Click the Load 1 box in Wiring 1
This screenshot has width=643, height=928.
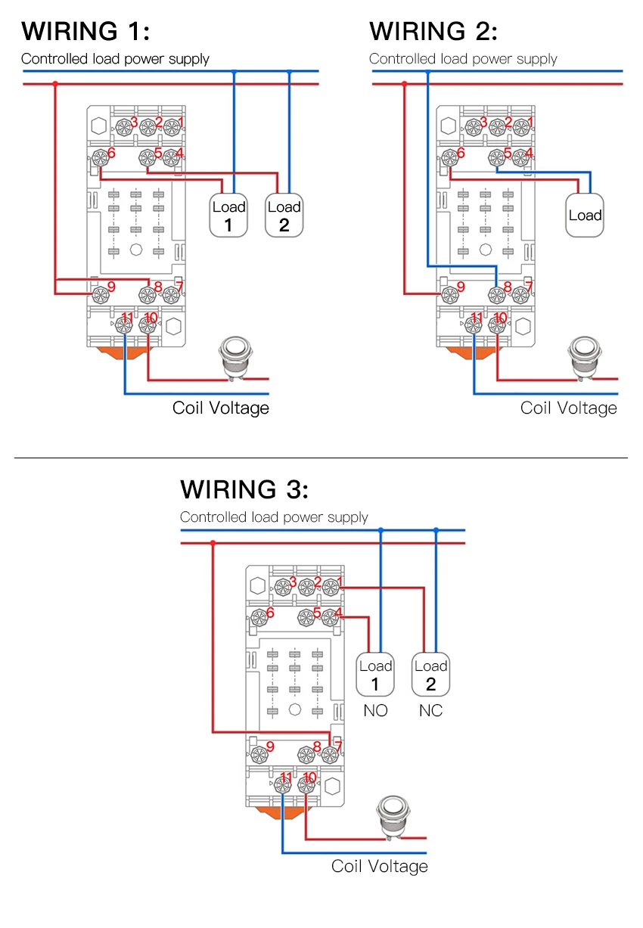tap(228, 215)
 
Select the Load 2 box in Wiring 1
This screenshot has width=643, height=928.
tap(284, 215)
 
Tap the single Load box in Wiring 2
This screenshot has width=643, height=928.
tap(585, 215)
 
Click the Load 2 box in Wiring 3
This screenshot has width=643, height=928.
tap(430, 674)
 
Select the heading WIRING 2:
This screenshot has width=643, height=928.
tap(433, 31)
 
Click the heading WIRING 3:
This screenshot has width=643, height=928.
tap(244, 489)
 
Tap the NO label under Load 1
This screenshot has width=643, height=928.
tap(375, 711)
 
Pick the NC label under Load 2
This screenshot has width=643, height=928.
tap(430, 711)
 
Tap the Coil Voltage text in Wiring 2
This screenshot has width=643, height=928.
tap(569, 408)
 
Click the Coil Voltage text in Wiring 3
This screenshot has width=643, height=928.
tap(380, 867)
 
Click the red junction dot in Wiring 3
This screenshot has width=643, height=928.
tap(213, 543)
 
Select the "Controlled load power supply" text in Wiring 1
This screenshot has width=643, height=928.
tap(115, 59)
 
